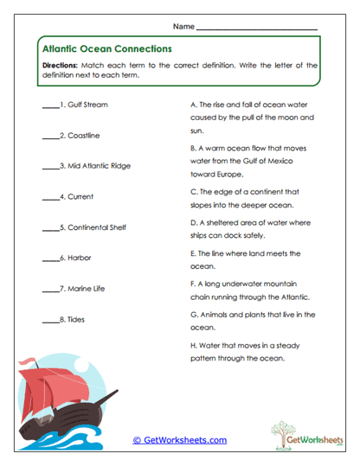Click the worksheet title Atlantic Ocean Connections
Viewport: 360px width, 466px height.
point(106,49)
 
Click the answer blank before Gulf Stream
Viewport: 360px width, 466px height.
point(49,105)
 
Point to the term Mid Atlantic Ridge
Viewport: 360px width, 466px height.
point(99,166)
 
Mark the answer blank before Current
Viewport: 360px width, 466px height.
point(49,197)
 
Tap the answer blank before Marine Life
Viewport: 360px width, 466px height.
point(49,289)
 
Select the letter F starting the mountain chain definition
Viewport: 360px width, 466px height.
point(191,283)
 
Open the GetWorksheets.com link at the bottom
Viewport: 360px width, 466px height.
point(179,440)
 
